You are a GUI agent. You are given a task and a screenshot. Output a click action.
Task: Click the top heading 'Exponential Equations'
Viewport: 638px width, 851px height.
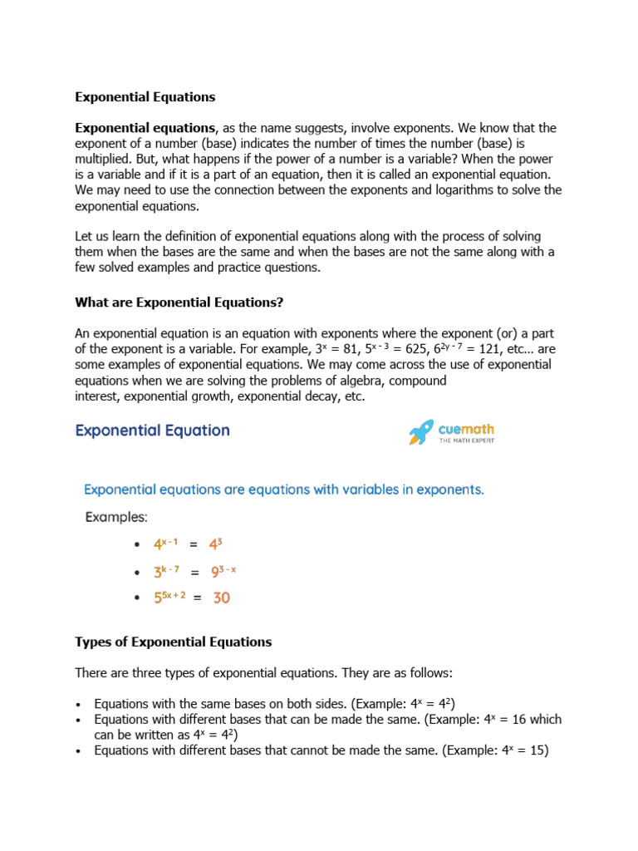coord(145,97)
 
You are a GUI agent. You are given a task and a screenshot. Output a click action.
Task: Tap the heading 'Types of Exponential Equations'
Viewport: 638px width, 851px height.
coord(173,642)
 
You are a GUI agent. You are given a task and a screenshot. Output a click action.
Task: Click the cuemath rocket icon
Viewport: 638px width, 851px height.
coord(421,432)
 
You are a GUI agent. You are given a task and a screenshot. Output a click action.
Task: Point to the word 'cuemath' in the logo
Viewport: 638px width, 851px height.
coord(466,429)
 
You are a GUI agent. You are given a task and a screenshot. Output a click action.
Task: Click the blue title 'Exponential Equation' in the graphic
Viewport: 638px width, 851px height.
coord(153,430)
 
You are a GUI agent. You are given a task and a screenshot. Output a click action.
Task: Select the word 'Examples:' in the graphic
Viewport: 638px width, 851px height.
coord(116,517)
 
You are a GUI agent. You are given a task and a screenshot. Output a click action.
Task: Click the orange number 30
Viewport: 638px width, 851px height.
coord(221,598)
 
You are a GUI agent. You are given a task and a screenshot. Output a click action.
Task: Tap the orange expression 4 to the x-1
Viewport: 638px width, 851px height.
coord(166,544)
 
